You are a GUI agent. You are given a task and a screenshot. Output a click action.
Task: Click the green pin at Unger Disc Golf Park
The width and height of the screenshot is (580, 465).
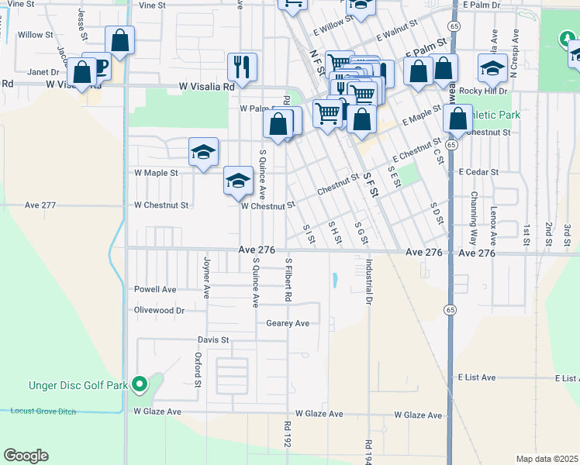(x=140, y=383)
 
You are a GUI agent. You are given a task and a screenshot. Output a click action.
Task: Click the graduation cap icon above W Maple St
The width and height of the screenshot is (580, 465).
(x=203, y=151)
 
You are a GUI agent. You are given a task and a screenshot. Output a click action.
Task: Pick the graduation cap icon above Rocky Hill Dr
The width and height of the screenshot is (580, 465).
(x=492, y=69)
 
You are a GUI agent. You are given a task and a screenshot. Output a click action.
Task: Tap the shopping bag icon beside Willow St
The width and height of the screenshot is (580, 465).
(x=120, y=40)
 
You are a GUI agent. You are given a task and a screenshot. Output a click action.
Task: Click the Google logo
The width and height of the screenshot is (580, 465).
(x=26, y=456)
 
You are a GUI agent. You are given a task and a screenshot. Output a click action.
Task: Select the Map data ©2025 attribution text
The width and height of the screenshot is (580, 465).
(x=547, y=459)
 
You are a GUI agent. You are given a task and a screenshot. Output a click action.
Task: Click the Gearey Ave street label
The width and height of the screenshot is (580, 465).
(x=288, y=323)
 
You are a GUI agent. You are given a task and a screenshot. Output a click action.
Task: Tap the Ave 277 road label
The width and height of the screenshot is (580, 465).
(x=40, y=205)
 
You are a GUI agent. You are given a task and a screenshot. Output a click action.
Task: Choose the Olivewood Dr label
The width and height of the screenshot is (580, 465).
(x=159, y=310)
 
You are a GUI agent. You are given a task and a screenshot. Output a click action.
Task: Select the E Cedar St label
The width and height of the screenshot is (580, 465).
(x=478, y=171)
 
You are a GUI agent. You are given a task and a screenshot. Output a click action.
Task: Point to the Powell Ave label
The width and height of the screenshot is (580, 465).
(x=155, y=289)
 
